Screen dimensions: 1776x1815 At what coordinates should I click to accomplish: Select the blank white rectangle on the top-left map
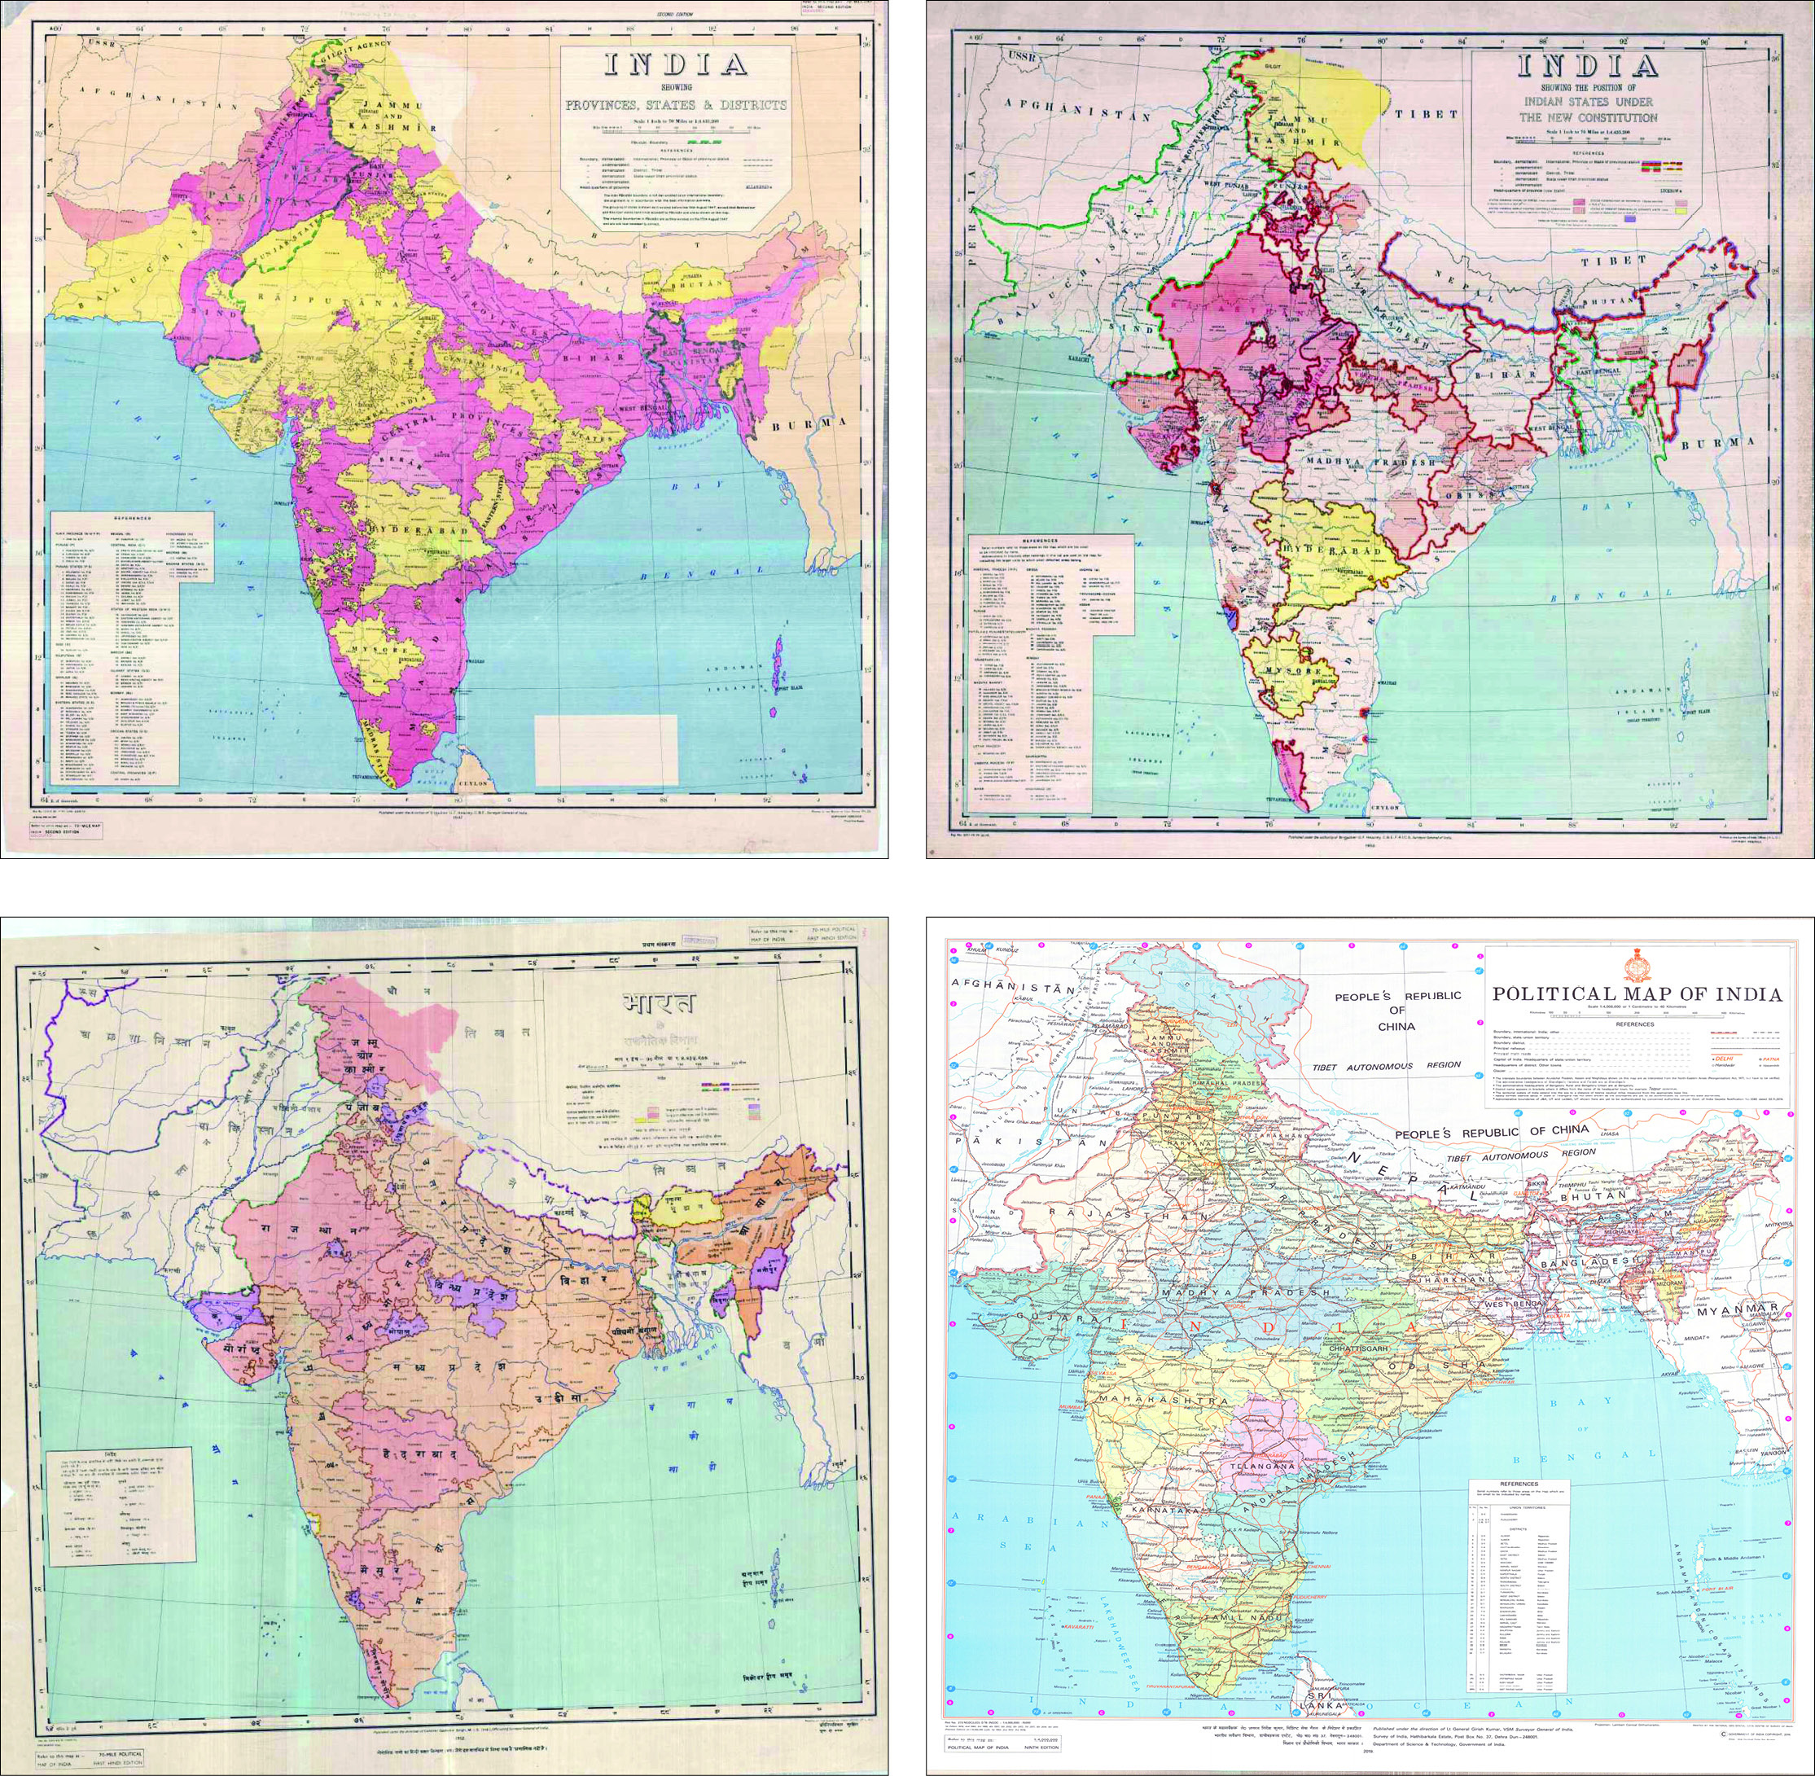pyautogui.click(x=605, y=751)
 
